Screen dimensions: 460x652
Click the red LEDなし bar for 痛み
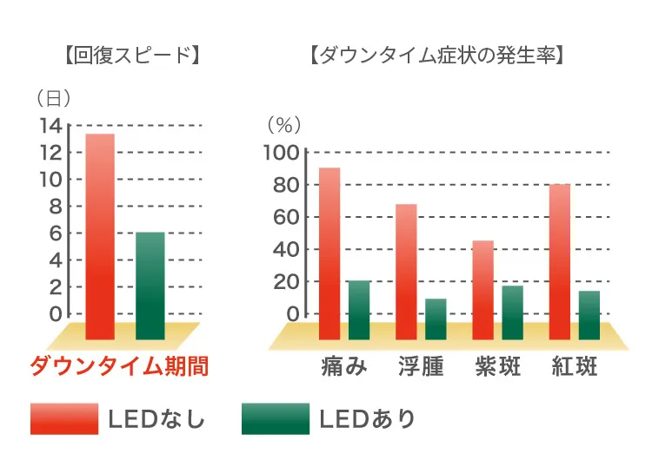pos(329,252)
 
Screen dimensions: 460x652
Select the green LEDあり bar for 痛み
pos(359,309)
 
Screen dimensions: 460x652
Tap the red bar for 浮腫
pos(406,271)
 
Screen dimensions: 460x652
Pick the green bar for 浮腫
pos(436,319)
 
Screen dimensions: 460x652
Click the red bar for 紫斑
pos(483,289)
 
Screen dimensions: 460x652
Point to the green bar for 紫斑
pos(513,312)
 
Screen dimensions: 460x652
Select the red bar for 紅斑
pos(560,260)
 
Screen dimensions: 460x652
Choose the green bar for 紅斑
pos(589,314)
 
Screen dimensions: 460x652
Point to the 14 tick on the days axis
pos(50,126)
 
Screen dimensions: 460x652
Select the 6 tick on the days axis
pos(56,233)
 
